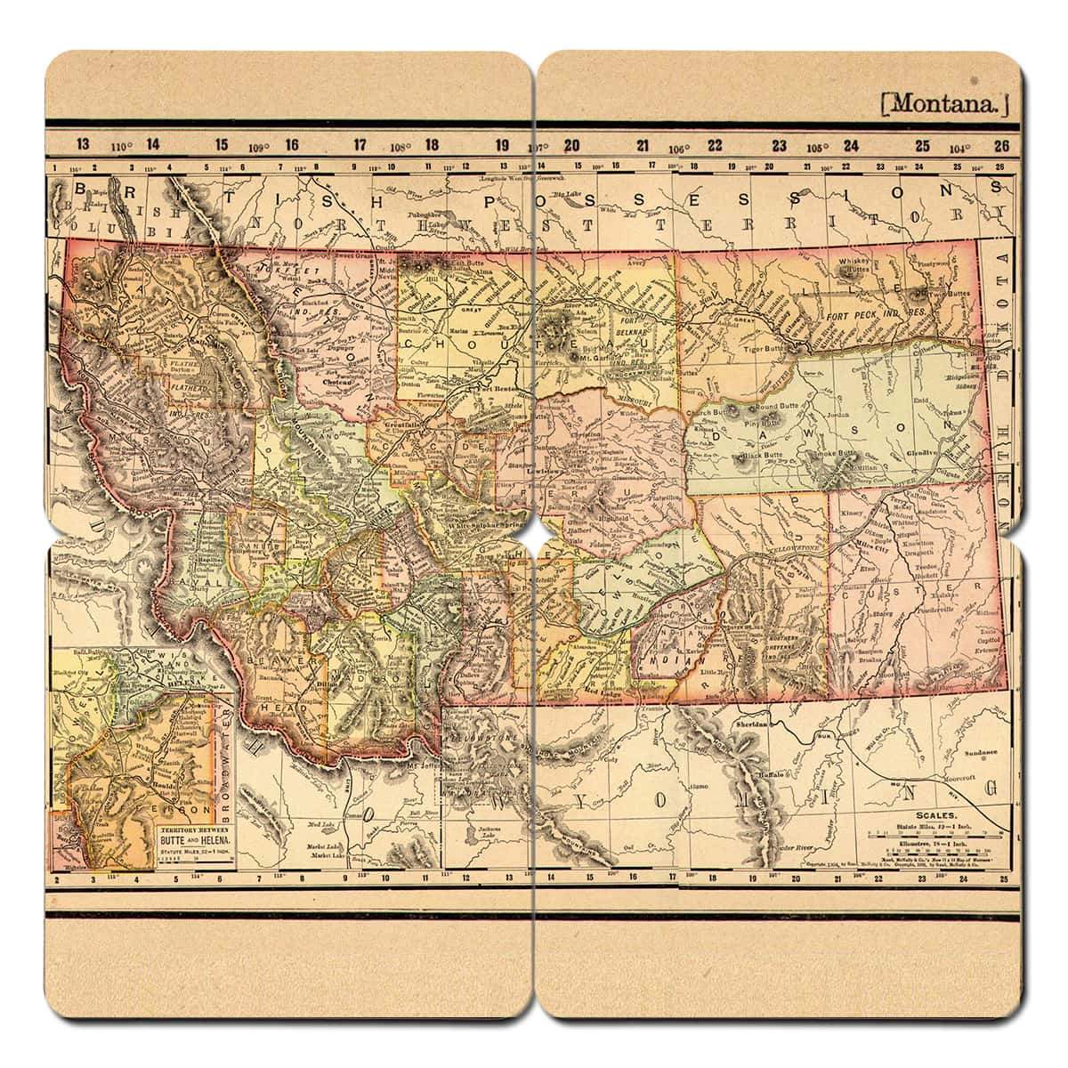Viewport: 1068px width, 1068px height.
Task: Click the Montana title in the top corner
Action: point(944,102)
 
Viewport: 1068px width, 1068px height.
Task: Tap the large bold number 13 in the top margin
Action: point(83,144)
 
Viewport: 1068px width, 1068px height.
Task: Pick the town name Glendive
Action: point(925,452)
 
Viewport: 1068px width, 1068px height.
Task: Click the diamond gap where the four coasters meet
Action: point(534,538)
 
